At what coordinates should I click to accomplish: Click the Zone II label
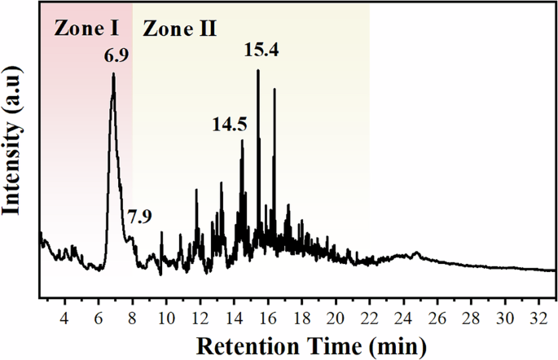[x=180, y=29]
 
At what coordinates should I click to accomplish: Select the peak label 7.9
[x=139, y=217]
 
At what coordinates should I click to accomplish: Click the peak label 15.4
[x=261, y=50]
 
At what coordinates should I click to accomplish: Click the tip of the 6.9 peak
[x=113, y=74]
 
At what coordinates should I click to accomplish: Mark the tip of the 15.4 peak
[x=258, y=70]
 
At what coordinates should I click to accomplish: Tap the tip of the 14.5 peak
[x=242, y=140]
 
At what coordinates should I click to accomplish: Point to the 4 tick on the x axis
[x=65, y=316]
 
